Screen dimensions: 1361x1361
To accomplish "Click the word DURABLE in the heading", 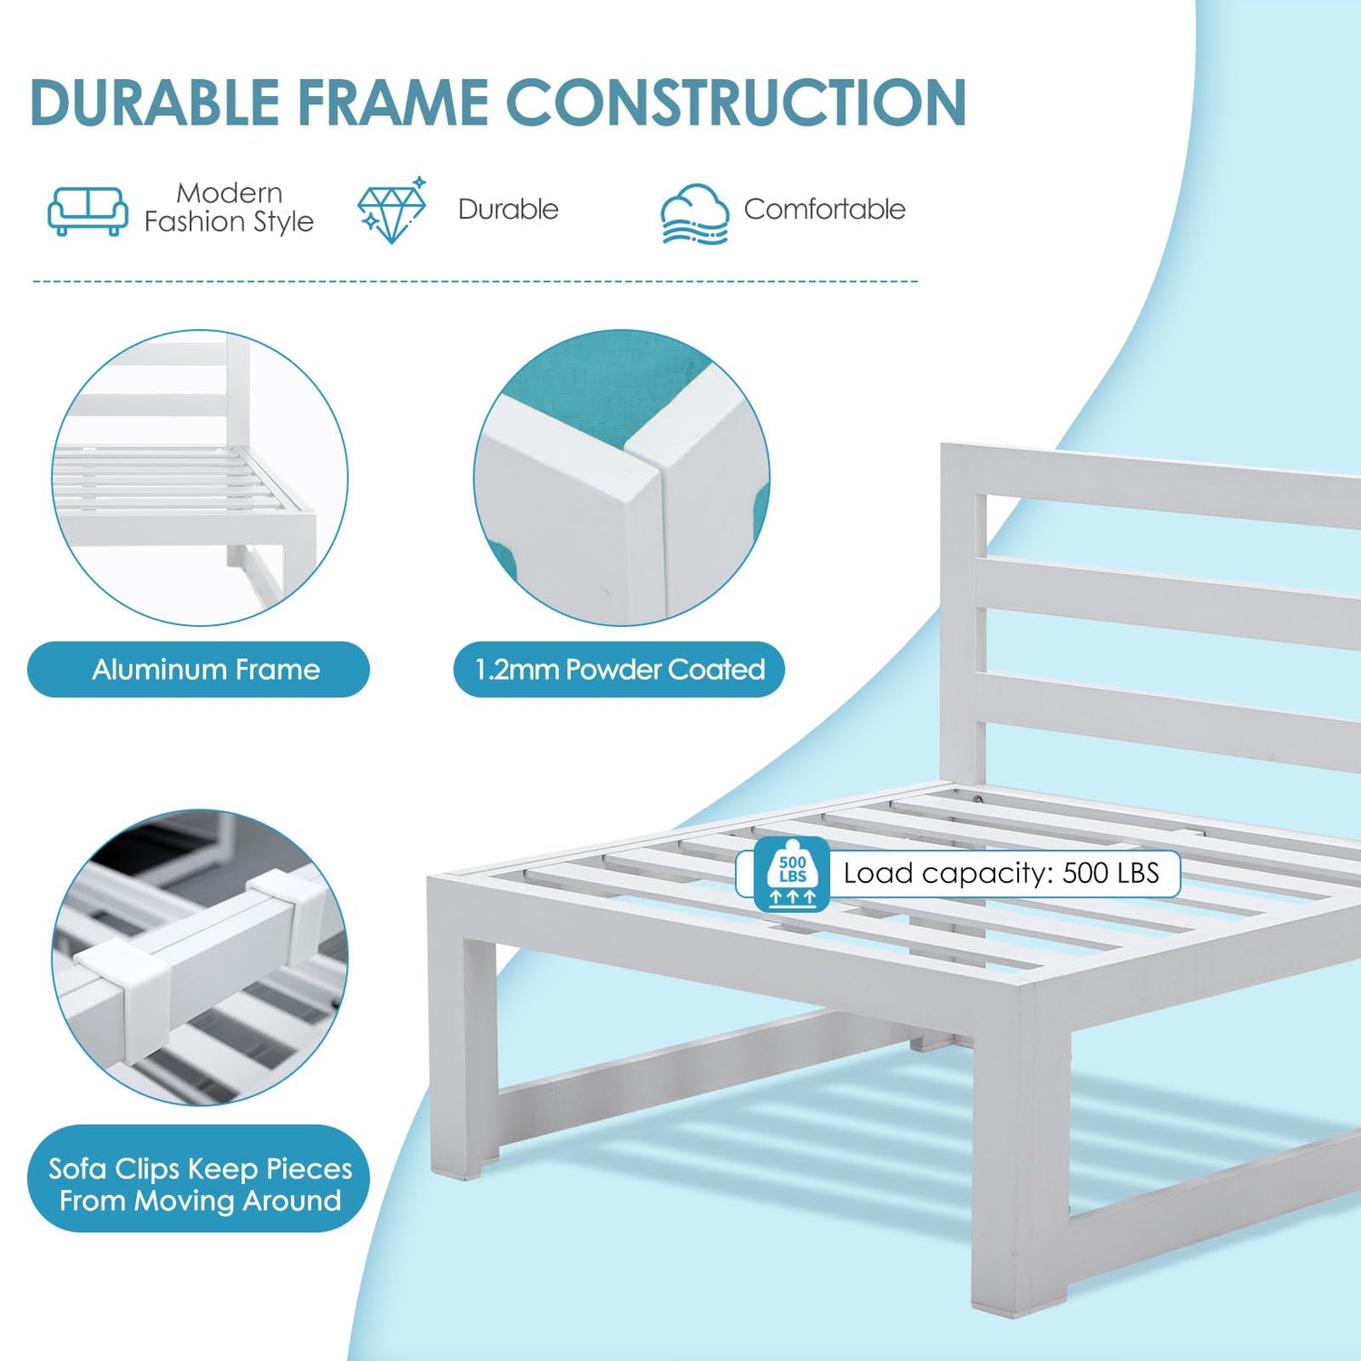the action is coord(155,102).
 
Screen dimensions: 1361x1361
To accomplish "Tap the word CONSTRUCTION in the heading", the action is coord(736,102).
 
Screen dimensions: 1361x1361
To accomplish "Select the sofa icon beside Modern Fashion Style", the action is coord(87,211).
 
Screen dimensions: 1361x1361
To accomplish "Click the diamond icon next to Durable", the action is coord(392,210).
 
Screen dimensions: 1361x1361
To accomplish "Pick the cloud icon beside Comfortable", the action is coord(694,214).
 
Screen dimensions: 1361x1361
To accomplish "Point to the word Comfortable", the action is coord(825,209).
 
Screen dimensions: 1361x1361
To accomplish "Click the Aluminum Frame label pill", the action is coord(199,670).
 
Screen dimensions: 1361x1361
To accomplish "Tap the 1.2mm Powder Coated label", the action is coord(619,670).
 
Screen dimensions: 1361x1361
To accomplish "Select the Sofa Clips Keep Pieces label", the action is coord(199,1179).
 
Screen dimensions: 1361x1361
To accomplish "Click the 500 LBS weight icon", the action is coord(792,874).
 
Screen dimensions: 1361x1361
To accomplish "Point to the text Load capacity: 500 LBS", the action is coord(1002,873).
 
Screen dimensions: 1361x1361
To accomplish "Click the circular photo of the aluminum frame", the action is coord(200,478).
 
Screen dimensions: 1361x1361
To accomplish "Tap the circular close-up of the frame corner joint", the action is coord(622,478).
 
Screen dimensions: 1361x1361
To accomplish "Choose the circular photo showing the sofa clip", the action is coord(200,957).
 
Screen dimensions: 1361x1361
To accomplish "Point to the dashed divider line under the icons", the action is coord(475,281).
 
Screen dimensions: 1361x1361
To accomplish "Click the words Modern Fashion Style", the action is coord(229,208).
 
